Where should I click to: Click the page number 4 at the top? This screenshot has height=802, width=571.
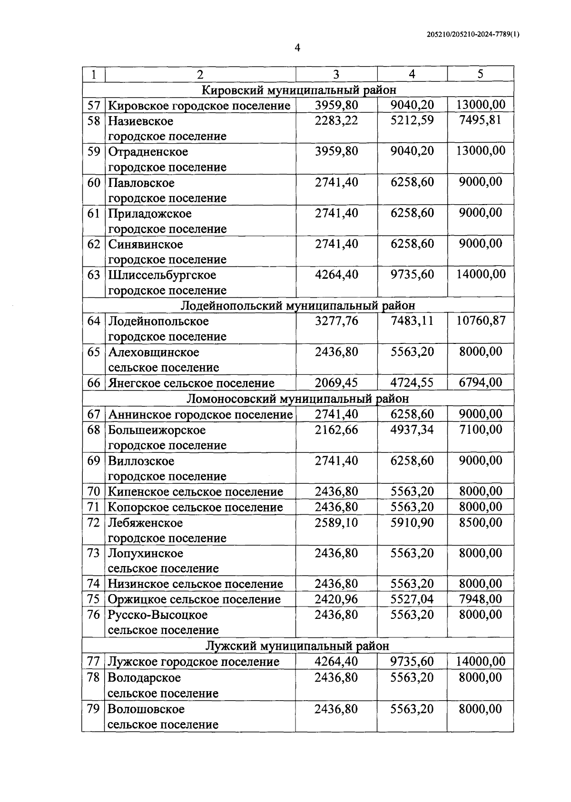(297, 48)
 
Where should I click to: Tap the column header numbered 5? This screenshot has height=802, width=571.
(480, 74)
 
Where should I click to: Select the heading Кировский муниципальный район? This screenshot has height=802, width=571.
(299, 89)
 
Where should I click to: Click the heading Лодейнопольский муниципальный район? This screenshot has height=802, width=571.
(298, 305)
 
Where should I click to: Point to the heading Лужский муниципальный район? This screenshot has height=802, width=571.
(297, 646)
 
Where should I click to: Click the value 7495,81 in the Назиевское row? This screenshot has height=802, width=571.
(480, 120)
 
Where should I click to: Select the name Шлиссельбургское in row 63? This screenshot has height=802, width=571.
(162, 275)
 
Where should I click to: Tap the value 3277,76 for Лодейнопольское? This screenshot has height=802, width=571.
(336, 321)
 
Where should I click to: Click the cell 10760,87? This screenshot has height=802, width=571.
(481, 321)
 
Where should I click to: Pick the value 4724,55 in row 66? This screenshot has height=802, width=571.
(412, 383)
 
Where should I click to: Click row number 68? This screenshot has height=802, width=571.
(94, 430)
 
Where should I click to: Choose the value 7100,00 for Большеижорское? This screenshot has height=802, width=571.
(480, 430)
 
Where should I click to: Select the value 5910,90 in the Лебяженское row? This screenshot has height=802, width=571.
(412, 523)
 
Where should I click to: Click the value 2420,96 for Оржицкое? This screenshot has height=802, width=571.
(336, 599)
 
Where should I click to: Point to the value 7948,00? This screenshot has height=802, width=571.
(480, 599)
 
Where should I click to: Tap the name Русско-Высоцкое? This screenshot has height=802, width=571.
(158, 615)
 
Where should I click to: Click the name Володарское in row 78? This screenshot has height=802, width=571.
(144, 677)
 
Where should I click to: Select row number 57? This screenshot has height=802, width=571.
(94, 105)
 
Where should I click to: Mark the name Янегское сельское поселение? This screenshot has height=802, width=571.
(191, 383)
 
